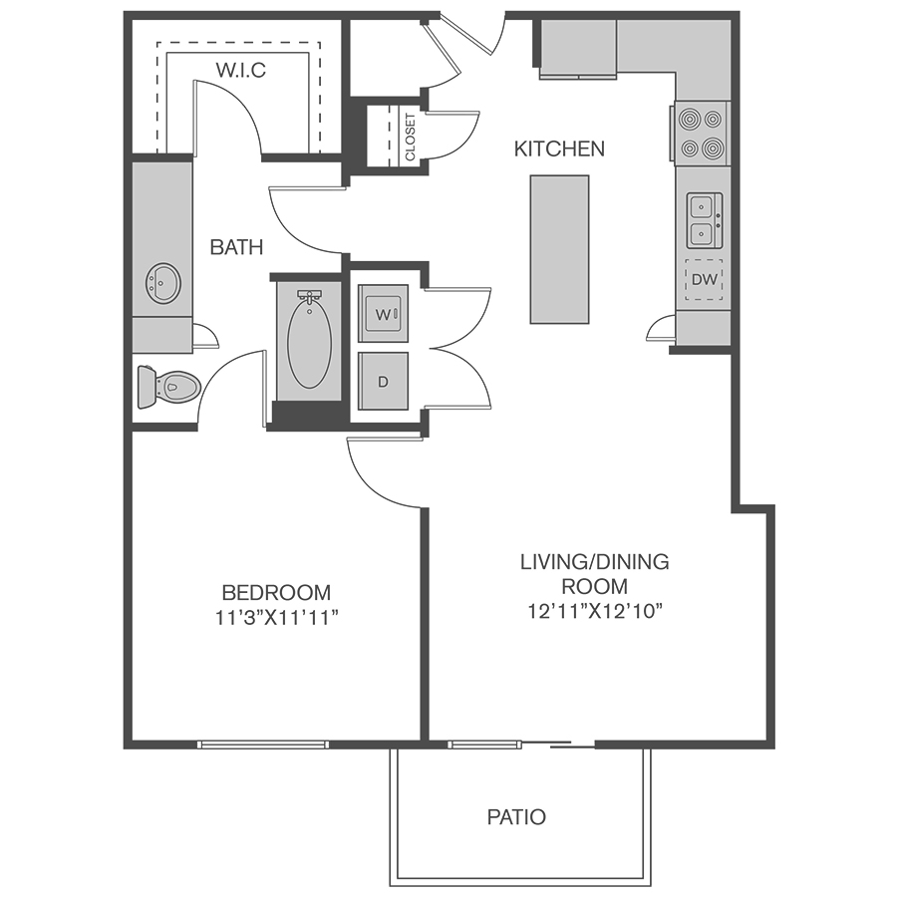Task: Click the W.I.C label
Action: (241, 70)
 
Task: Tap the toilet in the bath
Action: (168, 387)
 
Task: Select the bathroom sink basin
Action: (163, 284)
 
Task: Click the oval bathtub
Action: (309, 344)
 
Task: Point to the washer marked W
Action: (384, 314)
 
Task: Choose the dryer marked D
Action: (384, 381)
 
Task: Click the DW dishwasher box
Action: (705, 280)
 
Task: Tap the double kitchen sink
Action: (705, 220)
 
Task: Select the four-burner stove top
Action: (701, 134)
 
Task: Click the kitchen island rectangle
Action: (559, 249)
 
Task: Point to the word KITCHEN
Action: (559, 149)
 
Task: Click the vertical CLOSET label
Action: (411, 138)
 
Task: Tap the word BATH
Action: (237, 247)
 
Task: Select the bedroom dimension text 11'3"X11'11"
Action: (277, 618)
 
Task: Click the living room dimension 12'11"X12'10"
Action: (594, 612)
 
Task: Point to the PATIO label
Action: (516, 817)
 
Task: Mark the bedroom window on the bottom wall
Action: (263, 745)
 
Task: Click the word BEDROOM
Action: (276, 592)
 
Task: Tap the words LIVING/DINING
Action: (594, 562)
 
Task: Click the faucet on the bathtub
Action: (310, 297)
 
